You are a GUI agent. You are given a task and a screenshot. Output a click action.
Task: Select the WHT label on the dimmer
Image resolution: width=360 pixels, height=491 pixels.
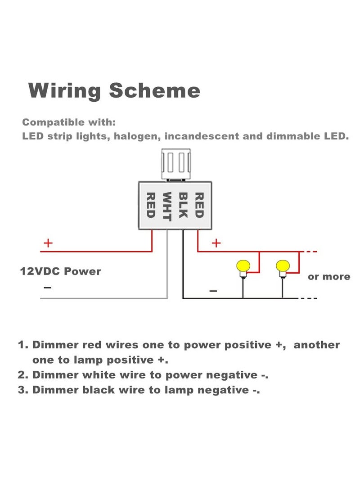coord(167,207)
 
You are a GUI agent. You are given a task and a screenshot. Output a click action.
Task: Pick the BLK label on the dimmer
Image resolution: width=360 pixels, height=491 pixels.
coord(183,205)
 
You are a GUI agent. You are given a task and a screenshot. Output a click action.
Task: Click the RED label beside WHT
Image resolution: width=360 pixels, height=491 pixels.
coord(151,205)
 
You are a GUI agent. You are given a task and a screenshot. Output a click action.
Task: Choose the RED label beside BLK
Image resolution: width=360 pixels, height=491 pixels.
coord(199,205)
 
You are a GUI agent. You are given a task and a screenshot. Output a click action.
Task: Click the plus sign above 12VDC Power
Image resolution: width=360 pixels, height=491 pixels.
coord(48,243)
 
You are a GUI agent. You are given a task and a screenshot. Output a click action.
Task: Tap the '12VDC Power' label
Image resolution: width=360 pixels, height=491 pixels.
coord(60,271)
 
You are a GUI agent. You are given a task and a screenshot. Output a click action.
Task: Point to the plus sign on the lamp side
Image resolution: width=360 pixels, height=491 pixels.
coord(216,243)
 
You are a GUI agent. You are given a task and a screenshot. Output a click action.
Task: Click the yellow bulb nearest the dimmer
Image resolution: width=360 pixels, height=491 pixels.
coord(243,266)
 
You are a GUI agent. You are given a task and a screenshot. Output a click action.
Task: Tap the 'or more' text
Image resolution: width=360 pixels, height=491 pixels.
coord(329,276)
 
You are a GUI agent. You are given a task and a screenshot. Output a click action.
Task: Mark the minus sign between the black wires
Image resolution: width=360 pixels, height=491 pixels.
coord(213,291)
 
